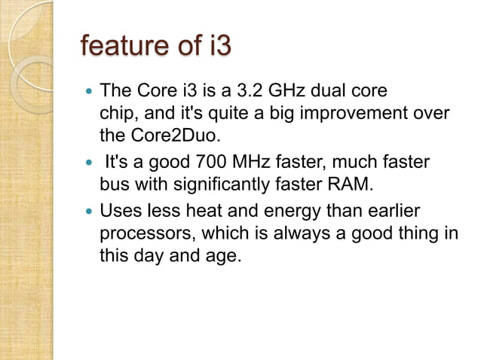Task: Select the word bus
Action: click(x=114, y=184)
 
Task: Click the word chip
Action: click(x=115, y=114)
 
